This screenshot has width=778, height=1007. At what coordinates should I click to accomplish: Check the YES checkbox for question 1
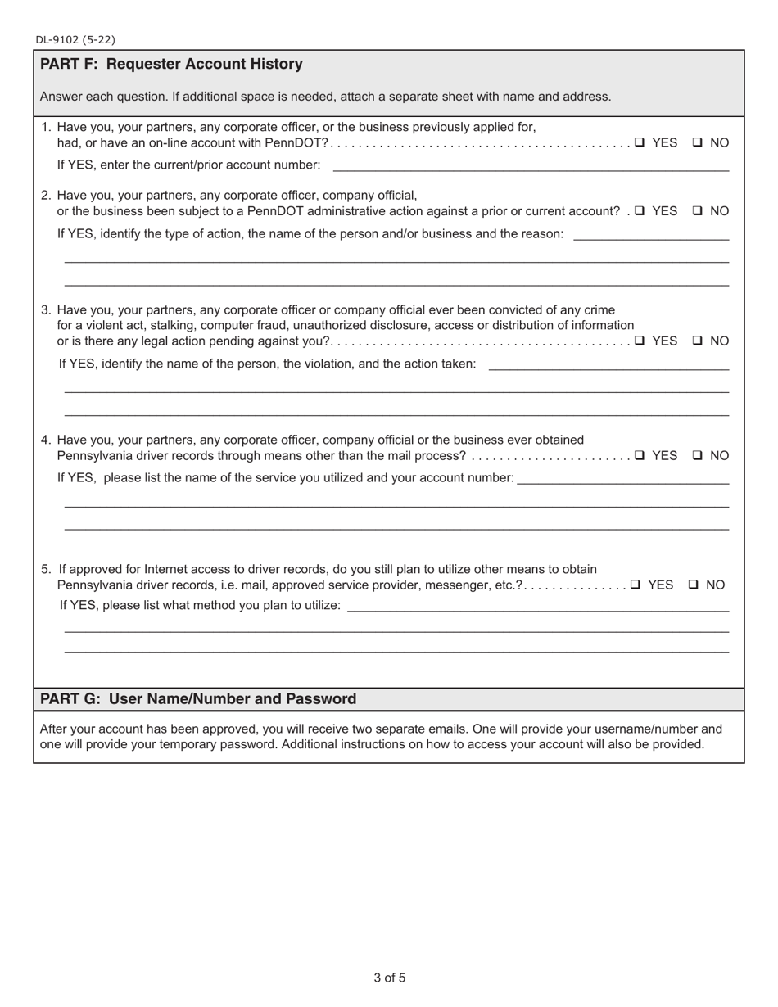tap(640, 142)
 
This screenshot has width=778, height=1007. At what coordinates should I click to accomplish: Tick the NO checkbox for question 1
tap(698, 142)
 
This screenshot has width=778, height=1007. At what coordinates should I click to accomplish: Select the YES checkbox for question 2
tap(640, 211)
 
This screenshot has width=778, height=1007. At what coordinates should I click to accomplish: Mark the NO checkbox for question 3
tap(698, 341)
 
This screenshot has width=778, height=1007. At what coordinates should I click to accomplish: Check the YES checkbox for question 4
tap(640, 456)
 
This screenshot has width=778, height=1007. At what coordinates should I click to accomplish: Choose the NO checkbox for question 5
tap(694, 585)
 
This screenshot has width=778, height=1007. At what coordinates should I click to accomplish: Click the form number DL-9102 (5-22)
tap(75, 39)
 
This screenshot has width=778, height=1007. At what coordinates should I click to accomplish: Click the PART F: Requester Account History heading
tap(171, 64)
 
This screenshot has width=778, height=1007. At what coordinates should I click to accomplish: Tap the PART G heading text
tap(198, 698)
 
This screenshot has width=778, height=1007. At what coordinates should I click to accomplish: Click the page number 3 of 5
tap(389, 978)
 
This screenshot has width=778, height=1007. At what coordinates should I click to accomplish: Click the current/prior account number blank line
tap(531, 167)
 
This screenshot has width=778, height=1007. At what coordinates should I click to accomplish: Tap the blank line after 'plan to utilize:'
tap(538, 607)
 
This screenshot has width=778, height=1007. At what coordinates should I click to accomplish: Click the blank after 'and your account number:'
tap(623, 480)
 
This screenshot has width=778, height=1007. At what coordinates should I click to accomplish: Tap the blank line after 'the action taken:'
tap(608, 366)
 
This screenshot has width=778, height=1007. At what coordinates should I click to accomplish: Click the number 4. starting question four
tap(47, 440)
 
